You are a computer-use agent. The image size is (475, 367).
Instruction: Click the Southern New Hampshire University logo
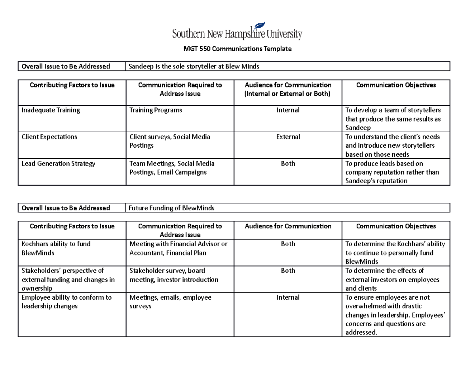(237, 32)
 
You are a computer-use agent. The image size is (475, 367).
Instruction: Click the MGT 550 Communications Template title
(237, 49)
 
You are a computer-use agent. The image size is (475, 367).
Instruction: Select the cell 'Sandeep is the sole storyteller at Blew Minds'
(194, 67)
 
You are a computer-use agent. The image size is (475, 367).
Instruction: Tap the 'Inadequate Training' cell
(51, 110)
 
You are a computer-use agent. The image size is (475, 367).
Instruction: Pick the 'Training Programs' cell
(156, 110)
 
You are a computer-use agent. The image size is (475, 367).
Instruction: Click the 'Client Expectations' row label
(49, 137)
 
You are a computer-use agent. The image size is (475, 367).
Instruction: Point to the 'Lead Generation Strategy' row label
(58, 164)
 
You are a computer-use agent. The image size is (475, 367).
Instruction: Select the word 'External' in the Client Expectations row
(288, 137)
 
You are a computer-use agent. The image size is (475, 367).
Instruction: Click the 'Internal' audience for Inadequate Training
(288, 110)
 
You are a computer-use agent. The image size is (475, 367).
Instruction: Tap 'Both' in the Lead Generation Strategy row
(288, 164)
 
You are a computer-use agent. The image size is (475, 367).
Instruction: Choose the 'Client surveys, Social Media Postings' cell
(170, 141)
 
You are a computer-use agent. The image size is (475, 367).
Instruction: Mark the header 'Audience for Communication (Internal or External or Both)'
(288, 89)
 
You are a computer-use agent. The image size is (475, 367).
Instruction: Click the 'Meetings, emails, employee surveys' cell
(170, 302)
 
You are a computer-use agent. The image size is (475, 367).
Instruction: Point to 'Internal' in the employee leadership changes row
(288, 297)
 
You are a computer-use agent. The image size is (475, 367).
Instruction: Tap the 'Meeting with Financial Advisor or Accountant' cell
(178, 248)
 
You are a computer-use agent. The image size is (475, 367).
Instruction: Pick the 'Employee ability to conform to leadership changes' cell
(66, 302)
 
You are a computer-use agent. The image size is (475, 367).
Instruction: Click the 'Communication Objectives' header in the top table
(396, 85)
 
